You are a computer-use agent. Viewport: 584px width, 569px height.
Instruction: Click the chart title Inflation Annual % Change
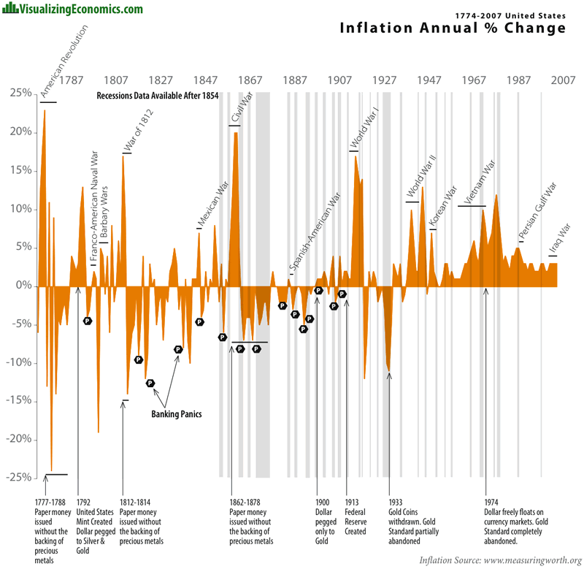(453, 28)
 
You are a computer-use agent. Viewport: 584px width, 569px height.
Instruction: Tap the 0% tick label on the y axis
(22, 286)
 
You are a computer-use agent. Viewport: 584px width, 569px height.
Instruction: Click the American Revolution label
(64, 63)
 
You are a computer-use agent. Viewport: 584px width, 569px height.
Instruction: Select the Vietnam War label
(480, 183)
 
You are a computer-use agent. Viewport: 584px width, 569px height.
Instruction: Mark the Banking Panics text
(176, 414)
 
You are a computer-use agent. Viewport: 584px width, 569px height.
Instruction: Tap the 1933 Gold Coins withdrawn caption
(412, 522)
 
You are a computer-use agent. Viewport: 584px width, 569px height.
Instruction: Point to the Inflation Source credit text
(500, 560)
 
